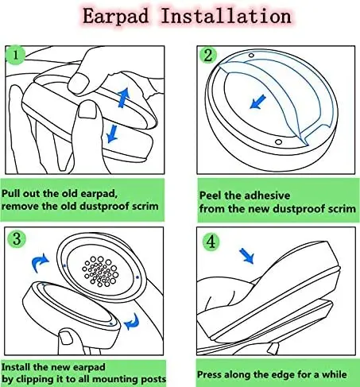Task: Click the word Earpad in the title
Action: point(115,16)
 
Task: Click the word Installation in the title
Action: point(226,16)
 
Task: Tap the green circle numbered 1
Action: point(15,55)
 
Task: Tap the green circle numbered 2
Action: point(208,55)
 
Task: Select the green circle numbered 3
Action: point(17,238)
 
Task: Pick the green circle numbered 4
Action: point(211,242)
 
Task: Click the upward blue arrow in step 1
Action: point(123,97)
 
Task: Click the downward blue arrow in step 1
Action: point(112,134)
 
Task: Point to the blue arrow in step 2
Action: point(257,102)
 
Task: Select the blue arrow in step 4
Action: point(246,256)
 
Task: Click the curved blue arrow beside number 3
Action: point(40,262)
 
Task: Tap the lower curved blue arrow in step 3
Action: point(132,322)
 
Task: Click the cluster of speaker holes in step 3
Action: point(100,271)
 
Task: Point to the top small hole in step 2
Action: point(251,56)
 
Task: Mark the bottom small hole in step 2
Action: point(278,141)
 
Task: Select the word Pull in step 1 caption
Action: point(11,193)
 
